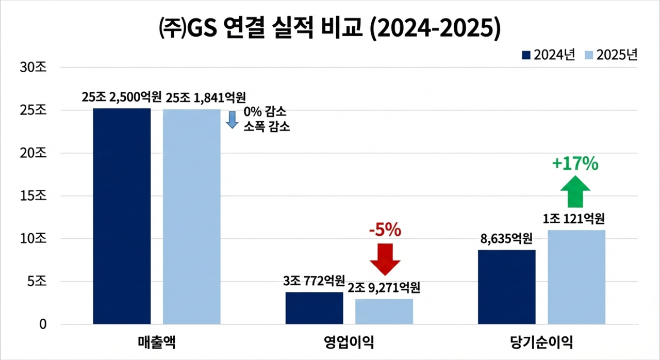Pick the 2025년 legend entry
pos(612,55)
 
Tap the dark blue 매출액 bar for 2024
pos(122,217)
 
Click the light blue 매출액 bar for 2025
pos(191,217)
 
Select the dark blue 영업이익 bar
pos(314,308)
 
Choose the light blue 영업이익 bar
pos(384,312)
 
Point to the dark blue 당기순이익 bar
pos(506,287)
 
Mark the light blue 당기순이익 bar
pos(576,277)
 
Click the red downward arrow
pos(385,258)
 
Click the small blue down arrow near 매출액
pos(232,119)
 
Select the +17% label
pos(575,165)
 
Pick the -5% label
pos(385,231)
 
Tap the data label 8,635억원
pos(506,240)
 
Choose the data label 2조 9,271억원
pos(385,288)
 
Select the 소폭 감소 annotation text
pos(267,126)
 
